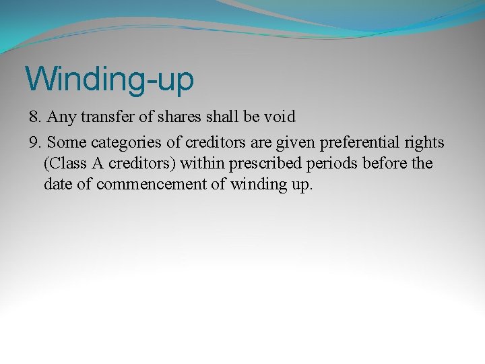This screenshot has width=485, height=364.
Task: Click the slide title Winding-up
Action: pyautogui.click(x=109, y=79)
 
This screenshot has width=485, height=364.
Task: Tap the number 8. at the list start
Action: pyautogui.click(x=36, y=117)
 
